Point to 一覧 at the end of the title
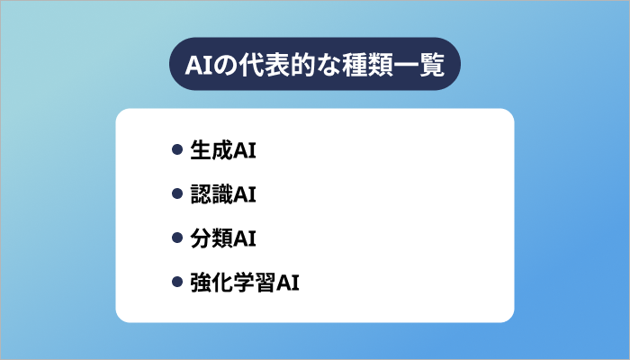click(x=419, y=66)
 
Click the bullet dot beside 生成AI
click(x=177, y=151)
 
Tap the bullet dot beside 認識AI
click(x=177, y=194)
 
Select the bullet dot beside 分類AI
click(x=177, y=238)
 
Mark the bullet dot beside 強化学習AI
click(x=177, y=283)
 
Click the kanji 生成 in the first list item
click(x=211, y=151)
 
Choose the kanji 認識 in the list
click(x=211, y=194)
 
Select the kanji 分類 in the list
click(x=211, y=238)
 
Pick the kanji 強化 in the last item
click(x=211, y=283)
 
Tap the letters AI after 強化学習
click(x=287, y=283)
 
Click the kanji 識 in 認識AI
click(x=222, y=194)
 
